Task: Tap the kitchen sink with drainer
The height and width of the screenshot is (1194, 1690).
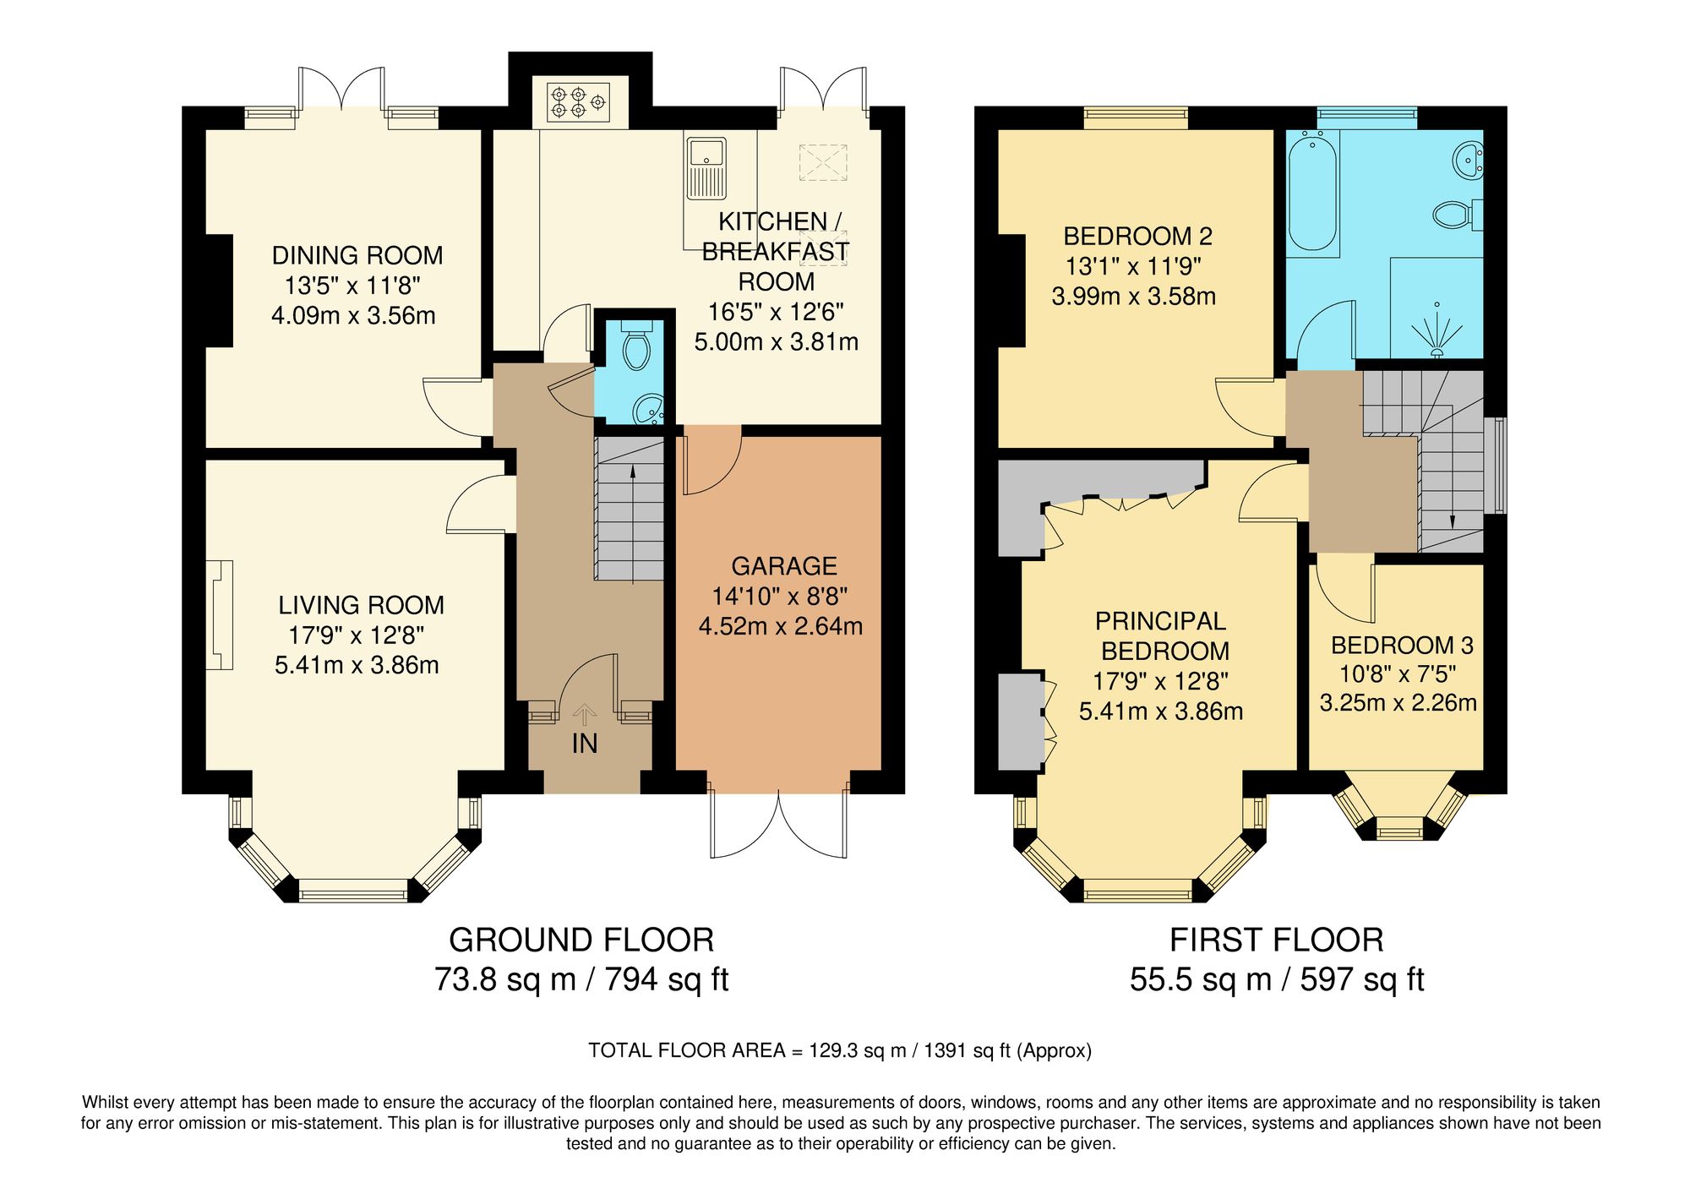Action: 706,167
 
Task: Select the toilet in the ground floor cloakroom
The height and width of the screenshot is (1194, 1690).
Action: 635,346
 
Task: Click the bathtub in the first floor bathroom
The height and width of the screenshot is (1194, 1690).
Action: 1311,192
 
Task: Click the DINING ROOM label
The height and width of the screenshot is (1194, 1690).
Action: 357,255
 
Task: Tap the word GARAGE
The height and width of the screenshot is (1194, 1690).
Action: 783,566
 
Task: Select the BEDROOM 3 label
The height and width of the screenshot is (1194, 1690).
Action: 1401,646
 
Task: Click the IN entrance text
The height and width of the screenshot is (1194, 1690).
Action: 584,744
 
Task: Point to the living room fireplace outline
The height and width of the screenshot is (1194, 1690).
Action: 220,615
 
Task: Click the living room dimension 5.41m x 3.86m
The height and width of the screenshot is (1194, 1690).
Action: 357,665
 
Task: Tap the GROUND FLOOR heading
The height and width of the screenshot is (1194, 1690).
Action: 581,940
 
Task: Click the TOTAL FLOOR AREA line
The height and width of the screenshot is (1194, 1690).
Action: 839,1050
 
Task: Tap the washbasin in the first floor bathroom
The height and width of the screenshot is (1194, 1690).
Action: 1469,159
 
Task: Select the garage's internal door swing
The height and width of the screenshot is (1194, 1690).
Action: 710,461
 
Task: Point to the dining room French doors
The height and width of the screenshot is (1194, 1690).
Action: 342,88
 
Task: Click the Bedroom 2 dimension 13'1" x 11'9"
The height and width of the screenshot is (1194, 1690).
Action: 1133,266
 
